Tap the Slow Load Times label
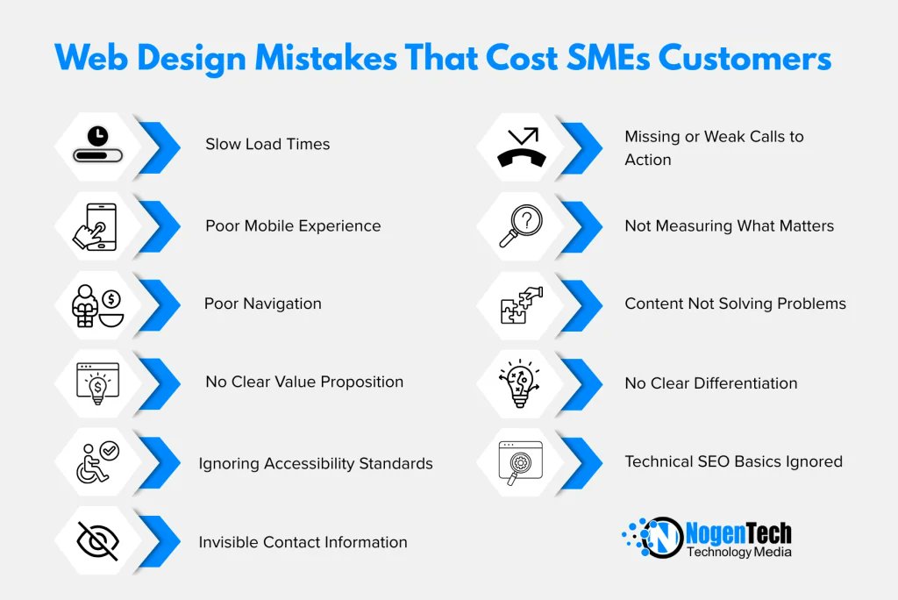[x=267, y=144]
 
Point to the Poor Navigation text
[x=262, y=304]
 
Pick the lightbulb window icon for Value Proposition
[x=97, y=382]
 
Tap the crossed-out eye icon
[x=97, y=541]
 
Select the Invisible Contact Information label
[x=303, y=542]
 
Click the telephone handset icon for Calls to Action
[x=521, y=147]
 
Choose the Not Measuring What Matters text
[x=729, y=225]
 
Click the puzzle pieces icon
[x=521, y=304]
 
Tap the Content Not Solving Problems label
[x=735, y=304]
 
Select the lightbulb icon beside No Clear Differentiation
[x=520, y=382]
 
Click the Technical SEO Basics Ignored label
[x=733, y=461]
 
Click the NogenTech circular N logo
[x=661, y=537]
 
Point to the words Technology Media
[x=738, y=552]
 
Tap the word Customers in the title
[x=745, y=58]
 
